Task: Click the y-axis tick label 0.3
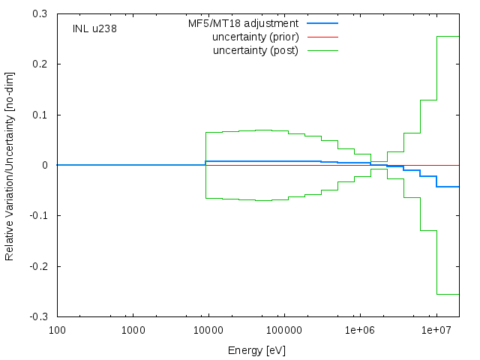pos(40,13)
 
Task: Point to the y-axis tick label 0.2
pos(40,64)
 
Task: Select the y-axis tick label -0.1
pos(38,215)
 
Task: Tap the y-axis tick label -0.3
pos(38,316)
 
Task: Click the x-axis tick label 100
pos(57,330)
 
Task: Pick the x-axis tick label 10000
pos(208,330)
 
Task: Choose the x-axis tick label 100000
pos(284,330)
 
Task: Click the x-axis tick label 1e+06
pos(360,330)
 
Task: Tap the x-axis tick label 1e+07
pos(436,330)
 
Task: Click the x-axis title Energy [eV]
pos(256,350)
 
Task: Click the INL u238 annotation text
pos(94,28)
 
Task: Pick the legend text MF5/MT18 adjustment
pos(243,23)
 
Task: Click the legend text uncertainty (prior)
pos(256,37)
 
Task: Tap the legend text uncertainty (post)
pos(256,50)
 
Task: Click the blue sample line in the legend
pos(322,23)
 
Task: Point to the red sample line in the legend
pos(322,37)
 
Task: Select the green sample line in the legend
pos(322,50)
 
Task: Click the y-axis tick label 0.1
pos(40,115)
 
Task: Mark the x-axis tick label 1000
pos(133,330)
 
